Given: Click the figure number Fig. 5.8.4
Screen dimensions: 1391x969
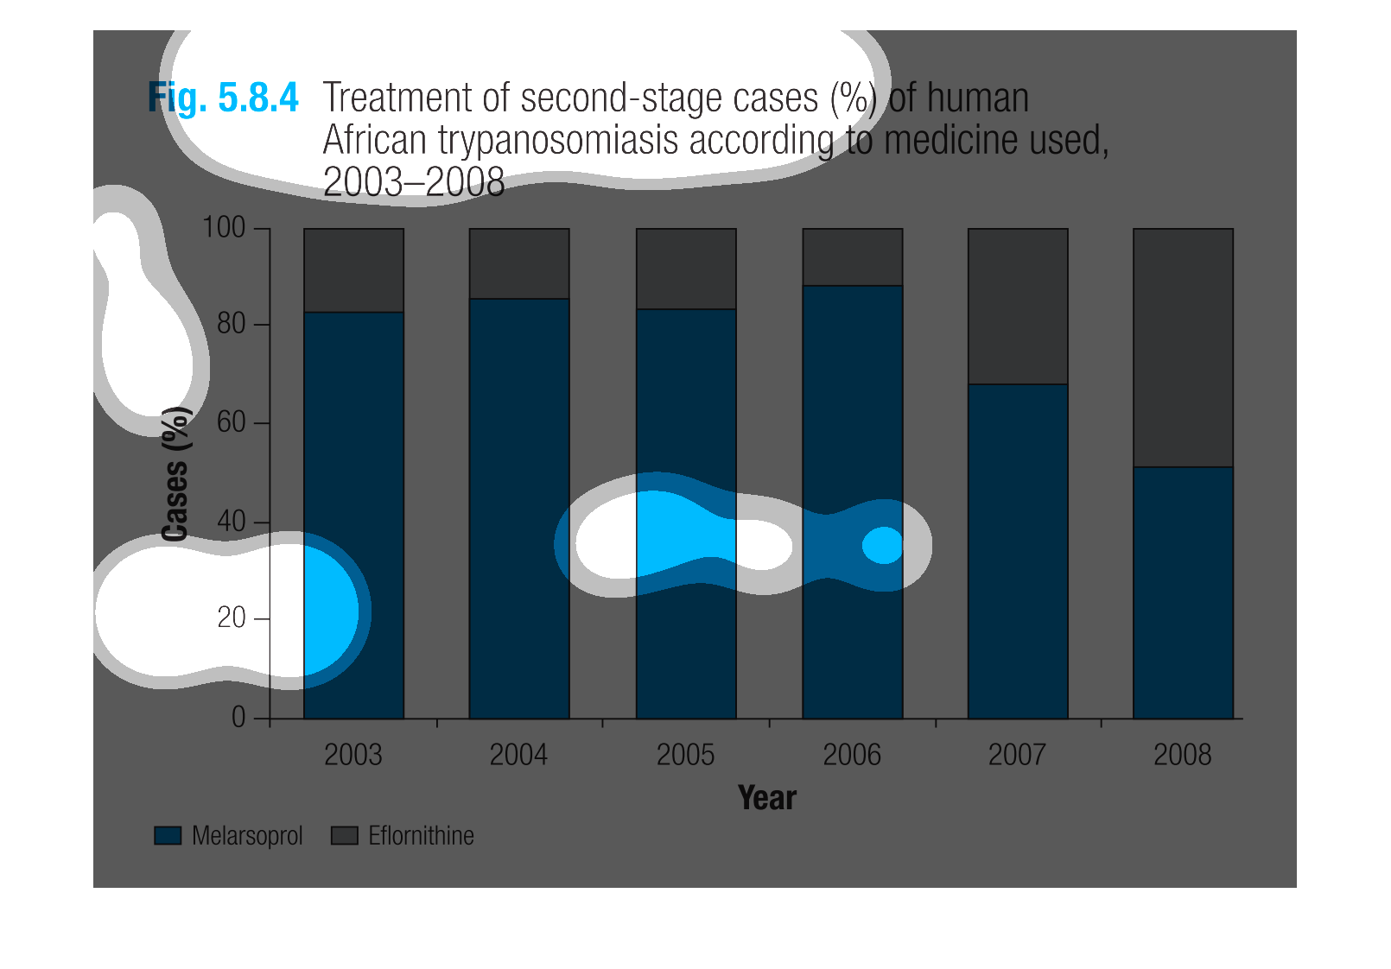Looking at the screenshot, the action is pos(223,98).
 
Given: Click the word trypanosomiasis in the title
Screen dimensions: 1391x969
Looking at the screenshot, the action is pos(557,140).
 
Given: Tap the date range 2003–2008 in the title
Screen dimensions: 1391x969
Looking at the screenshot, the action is pos(414,182).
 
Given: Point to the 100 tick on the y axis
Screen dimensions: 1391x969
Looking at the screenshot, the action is pos(224,228).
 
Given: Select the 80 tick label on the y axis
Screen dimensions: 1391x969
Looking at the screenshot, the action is pos(231,324).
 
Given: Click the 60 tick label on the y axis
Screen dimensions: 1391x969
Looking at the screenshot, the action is pos(231,422).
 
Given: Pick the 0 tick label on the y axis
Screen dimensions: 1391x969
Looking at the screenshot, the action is pos(238,718).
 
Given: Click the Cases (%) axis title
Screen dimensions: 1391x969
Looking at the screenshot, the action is pos(175,473).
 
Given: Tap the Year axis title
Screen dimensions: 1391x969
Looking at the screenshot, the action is pos(767,798).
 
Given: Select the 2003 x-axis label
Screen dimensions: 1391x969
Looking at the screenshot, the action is pos(353,756).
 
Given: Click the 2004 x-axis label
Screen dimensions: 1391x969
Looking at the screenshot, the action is pos(518,756).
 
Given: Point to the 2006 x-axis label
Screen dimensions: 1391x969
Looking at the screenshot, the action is pos(852,756).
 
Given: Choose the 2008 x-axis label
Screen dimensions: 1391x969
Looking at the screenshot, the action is pos(1182,756).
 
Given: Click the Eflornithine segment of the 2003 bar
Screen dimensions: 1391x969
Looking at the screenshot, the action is pos(354,270).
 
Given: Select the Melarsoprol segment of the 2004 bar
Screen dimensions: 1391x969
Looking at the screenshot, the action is pos(519,509).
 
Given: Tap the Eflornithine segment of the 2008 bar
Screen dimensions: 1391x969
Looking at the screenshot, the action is pos(1183,348).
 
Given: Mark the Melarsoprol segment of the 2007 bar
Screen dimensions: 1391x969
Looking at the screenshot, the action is pos(1018,551).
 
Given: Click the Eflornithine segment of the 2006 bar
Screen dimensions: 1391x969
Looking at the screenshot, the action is pos(853,257).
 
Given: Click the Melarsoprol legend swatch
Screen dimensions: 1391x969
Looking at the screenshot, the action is pos(168,835).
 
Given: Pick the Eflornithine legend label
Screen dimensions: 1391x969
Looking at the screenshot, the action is pos(421,835).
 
